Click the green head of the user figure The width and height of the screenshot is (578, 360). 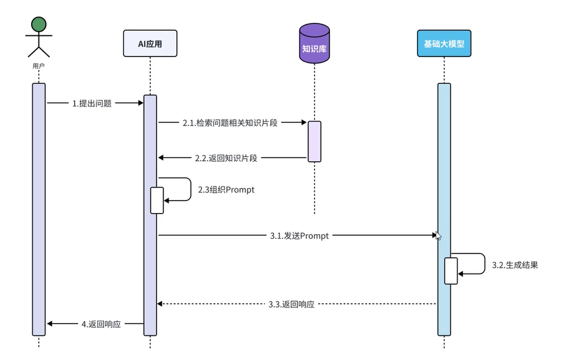39,24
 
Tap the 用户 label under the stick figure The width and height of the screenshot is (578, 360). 39,66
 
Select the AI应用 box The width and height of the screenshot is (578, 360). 150,44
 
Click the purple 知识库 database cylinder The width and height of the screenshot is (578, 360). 314,44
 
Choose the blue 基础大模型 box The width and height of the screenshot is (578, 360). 444,44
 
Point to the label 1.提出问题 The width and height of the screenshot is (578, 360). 92,103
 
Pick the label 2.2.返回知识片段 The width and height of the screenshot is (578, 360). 226,158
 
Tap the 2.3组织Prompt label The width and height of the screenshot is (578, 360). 226,190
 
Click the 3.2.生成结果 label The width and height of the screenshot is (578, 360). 514,265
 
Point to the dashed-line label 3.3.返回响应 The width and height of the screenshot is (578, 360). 291,304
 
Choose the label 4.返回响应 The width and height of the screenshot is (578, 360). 101,324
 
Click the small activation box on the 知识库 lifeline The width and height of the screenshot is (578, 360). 314,141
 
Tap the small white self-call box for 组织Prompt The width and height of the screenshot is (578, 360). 156,200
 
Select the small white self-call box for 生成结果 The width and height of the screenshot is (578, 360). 450,271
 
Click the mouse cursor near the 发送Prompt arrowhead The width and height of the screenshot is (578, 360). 438,236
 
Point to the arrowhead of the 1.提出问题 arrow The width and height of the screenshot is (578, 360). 141,103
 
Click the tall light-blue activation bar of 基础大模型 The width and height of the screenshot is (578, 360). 444,176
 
